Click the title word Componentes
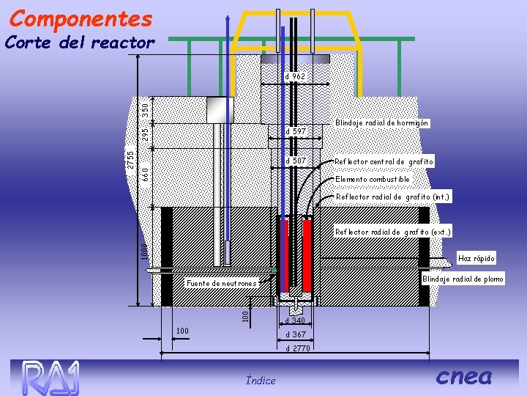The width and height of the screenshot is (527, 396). [81, 18]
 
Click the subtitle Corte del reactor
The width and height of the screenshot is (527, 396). [79, 43]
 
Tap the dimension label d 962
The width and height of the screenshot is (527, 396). [295, 76]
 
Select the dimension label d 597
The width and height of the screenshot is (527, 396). [295, 131]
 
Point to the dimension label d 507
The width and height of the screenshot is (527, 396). [295, 161]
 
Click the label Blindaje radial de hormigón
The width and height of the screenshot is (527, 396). [381, 123]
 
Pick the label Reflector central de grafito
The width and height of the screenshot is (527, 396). [384, 161]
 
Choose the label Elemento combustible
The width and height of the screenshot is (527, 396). [372, 179]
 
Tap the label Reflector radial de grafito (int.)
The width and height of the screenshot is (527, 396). [393, 197]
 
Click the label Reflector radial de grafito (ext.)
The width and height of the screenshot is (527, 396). [393, 232]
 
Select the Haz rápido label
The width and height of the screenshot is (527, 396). [476, 258]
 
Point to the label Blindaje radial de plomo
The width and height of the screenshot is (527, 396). [463, 279]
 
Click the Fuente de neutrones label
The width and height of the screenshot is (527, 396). [221, 283]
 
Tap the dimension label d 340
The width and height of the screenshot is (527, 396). [295, 320]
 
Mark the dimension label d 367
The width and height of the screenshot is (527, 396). [295, 334]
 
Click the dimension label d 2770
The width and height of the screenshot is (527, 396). [297, 348]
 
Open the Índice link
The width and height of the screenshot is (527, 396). [261, 380]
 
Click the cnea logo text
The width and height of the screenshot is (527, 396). [463, 376]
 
